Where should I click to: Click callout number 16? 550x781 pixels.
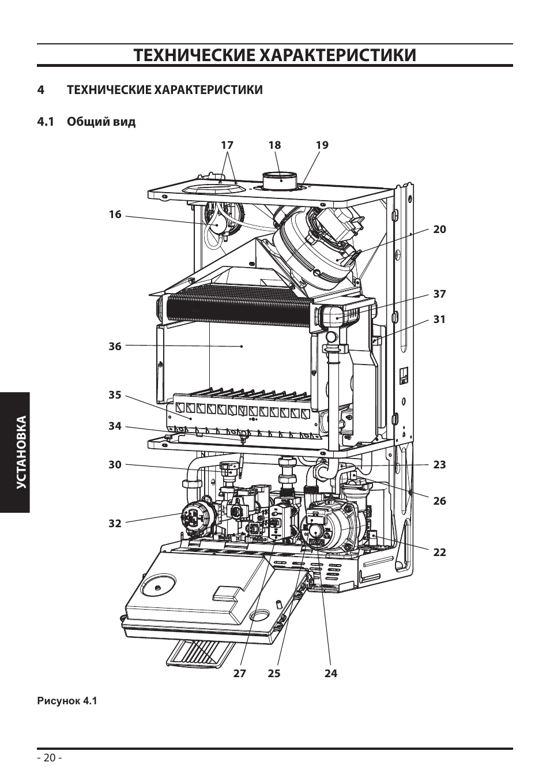coord(115,214)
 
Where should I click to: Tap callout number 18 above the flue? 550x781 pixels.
coord(274,145)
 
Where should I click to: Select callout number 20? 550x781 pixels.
coord(439,229)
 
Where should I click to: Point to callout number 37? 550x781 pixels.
coord(439,294)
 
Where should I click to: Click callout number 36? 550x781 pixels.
coord(115,346)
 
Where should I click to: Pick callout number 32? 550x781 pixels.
coord(115,523)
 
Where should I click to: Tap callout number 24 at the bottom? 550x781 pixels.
coord(331,673)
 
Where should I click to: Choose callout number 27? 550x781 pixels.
coord(239,673)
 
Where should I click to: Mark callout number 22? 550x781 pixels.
coord(439,552)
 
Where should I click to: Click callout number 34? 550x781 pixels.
coord(115,426)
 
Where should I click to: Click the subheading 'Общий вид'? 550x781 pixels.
coord(101,122)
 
